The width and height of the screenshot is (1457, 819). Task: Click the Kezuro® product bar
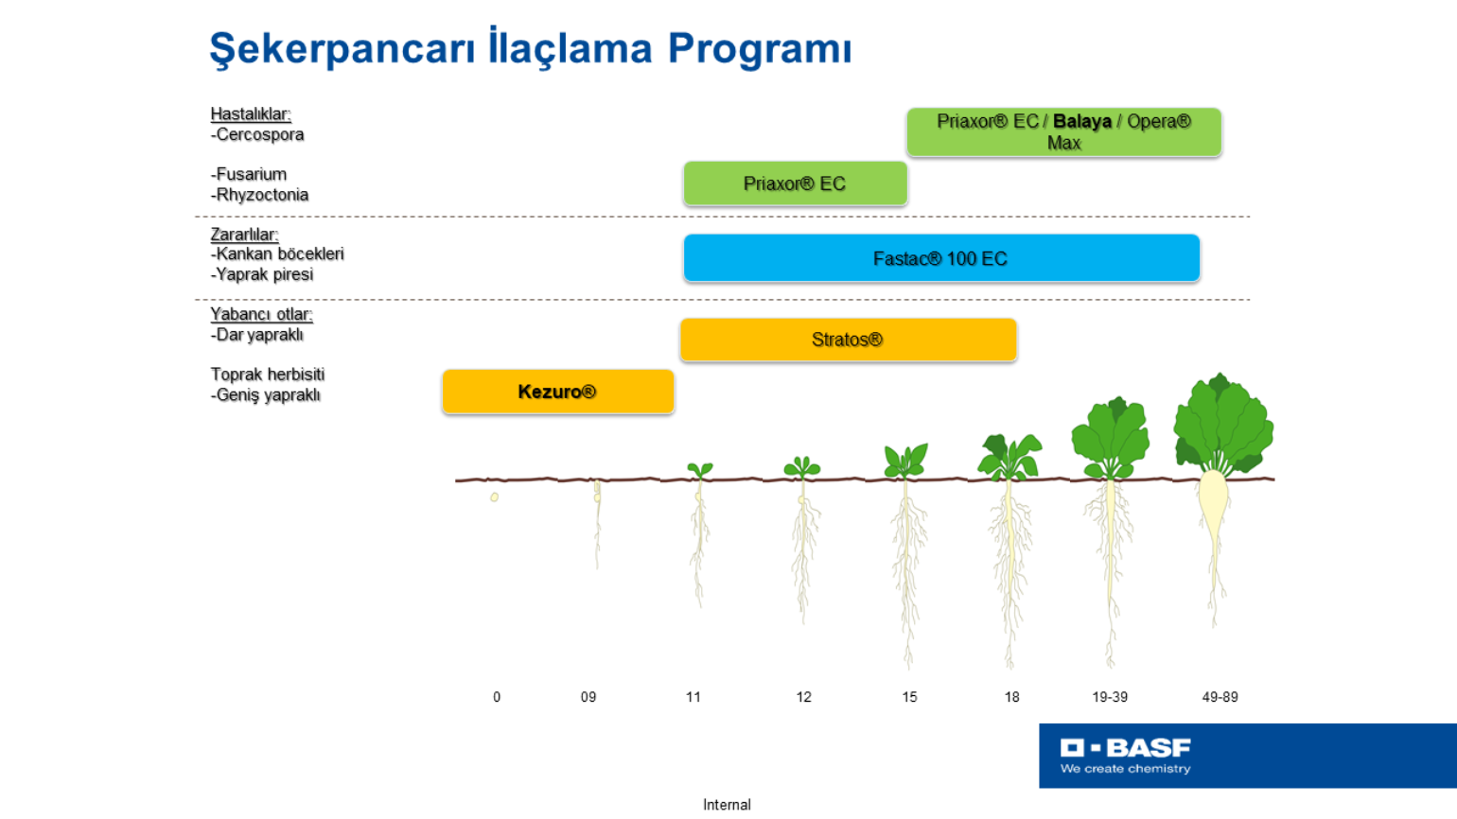(558, 392)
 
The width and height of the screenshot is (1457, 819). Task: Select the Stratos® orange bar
(848, 340)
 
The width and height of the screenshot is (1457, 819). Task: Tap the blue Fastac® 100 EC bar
(941, 258)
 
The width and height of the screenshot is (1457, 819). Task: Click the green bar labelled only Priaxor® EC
(795, 183)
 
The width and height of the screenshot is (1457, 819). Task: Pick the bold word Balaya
(1082, 122)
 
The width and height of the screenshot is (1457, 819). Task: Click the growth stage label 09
(588, 697)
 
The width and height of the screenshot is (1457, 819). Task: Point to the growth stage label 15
(909, 697)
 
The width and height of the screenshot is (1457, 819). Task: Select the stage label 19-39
(1110, 697)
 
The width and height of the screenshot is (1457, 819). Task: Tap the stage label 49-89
(1220, 697)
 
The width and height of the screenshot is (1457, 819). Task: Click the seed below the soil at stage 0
(494, 497)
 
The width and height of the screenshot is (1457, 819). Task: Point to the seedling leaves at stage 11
(700, 469)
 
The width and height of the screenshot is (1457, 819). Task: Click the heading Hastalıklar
(251, 113)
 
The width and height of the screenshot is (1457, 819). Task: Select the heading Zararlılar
(244, 234)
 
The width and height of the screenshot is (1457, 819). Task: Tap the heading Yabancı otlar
(261, 314)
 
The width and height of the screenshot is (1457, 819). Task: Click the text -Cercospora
(257, 134)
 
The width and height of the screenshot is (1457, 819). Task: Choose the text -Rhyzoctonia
(259, 195)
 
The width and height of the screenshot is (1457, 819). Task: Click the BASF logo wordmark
(1125, 748)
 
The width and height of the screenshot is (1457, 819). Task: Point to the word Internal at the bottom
(727, 805)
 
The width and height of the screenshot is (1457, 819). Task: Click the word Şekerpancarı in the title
(342, 49)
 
